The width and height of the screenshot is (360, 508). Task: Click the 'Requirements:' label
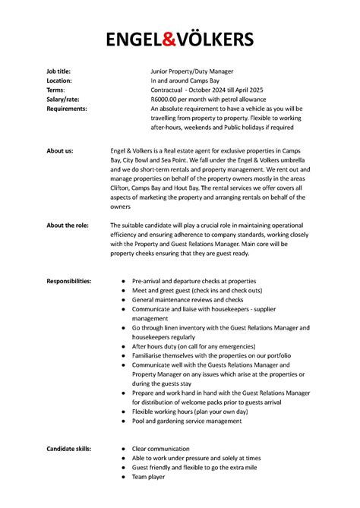(x=67, y=109)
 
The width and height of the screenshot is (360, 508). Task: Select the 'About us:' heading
(x=60, y=151)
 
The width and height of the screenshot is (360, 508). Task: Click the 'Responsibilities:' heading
(x=69, y=281)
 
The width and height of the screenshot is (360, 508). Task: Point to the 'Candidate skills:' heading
(x=69, y=449)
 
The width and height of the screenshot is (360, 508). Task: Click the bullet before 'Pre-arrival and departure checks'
(x=123, y=281)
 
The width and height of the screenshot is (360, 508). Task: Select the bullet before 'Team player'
(x=123, y=477)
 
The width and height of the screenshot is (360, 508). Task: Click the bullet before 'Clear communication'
(x=123, y=449)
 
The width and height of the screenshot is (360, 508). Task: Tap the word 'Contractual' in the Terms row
(x=169, y=90)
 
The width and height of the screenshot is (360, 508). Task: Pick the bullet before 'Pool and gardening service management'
(x=123, y=421)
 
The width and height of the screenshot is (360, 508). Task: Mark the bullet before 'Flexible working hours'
(x=123, y=412)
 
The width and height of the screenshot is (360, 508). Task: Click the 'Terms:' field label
(x=55, y=90)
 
